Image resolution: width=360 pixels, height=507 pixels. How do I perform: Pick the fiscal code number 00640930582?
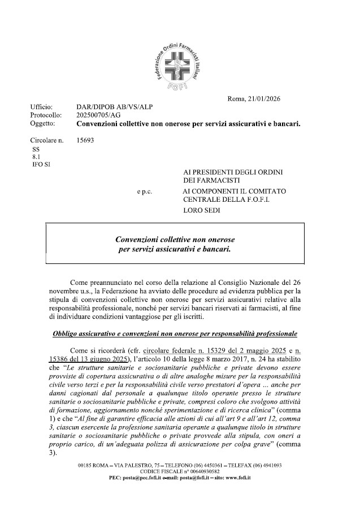pos(202,471)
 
